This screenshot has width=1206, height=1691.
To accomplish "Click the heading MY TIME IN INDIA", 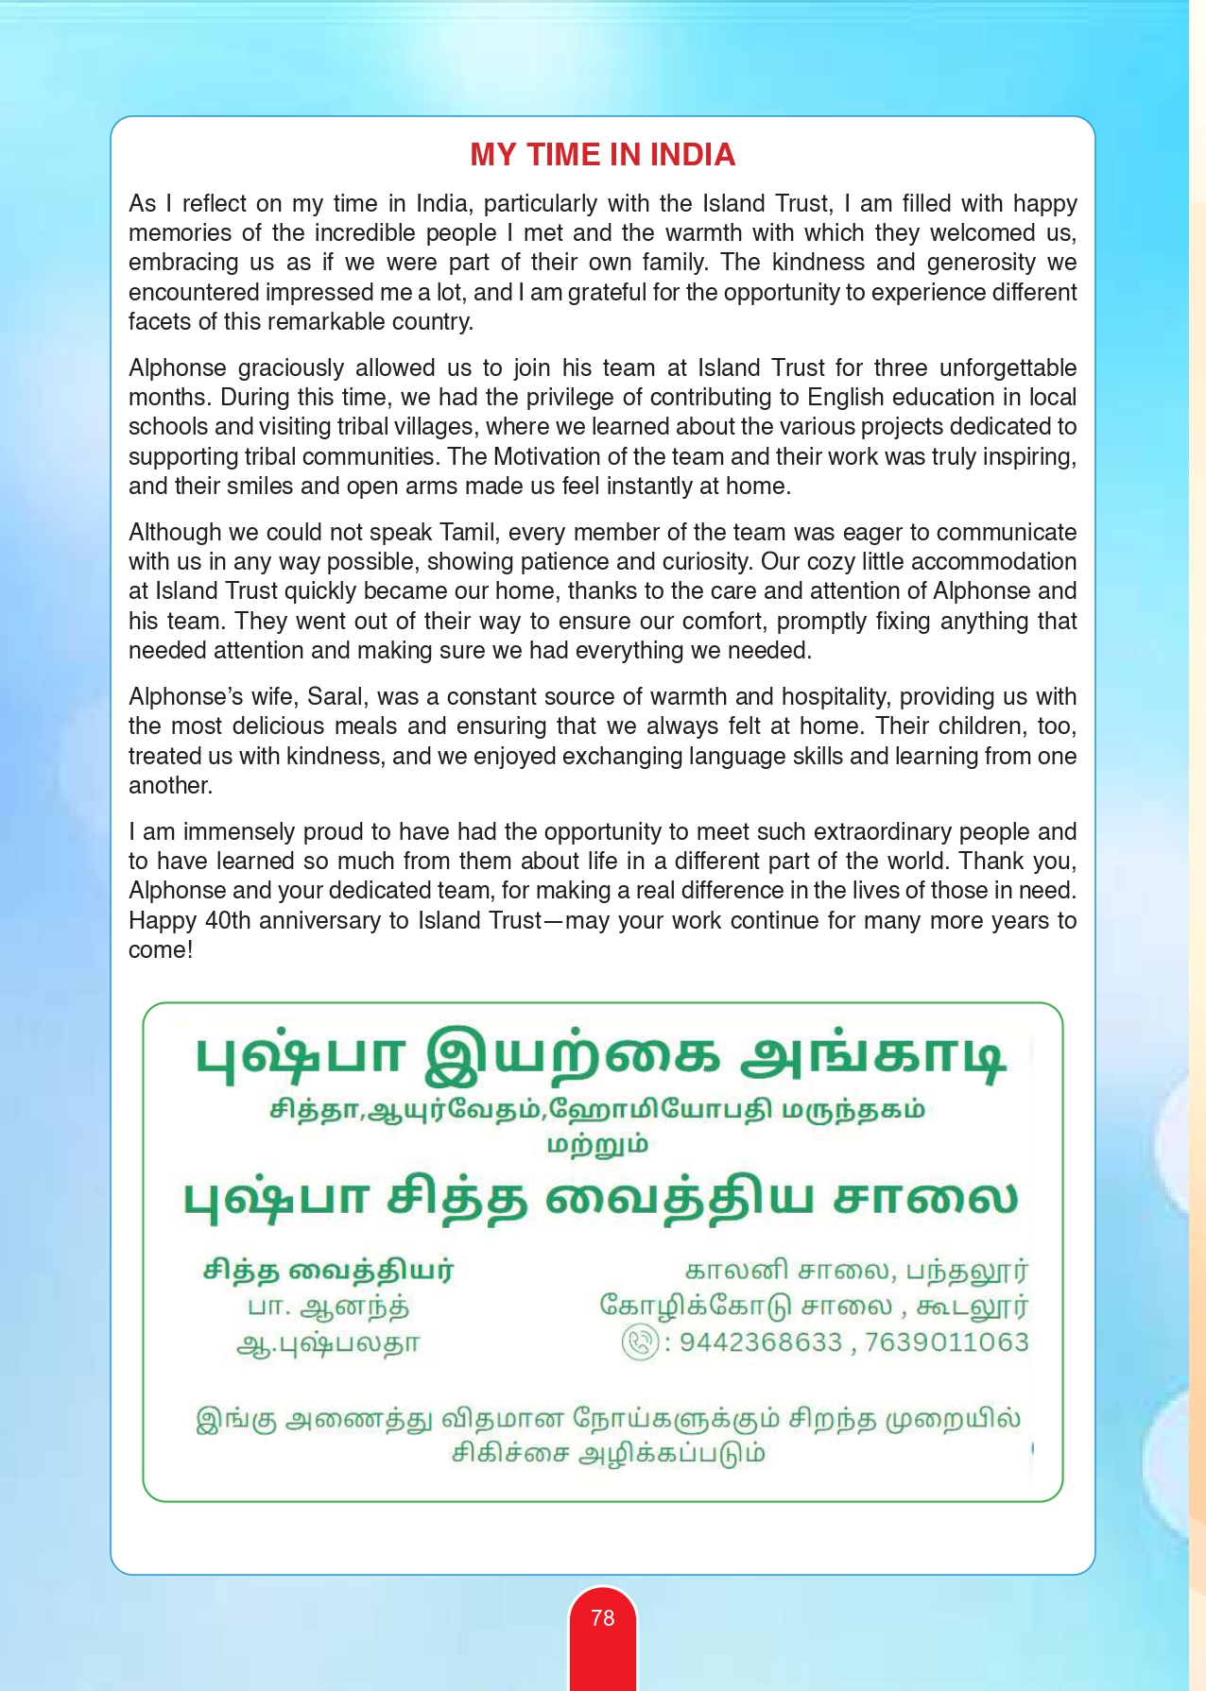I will [602, 155].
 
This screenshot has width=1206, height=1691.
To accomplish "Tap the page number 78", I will [602, 1618].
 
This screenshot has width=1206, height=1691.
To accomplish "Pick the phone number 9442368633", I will [760, 1342].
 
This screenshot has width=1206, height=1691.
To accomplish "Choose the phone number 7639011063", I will [946, 1342].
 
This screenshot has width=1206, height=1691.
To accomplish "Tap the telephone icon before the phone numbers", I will [640, 1342].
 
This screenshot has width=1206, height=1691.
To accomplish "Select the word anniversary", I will [319, 921].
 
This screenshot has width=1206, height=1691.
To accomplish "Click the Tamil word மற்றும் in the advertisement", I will [597, 1145].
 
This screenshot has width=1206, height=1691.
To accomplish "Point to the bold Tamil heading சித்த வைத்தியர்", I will [328, 1271].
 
